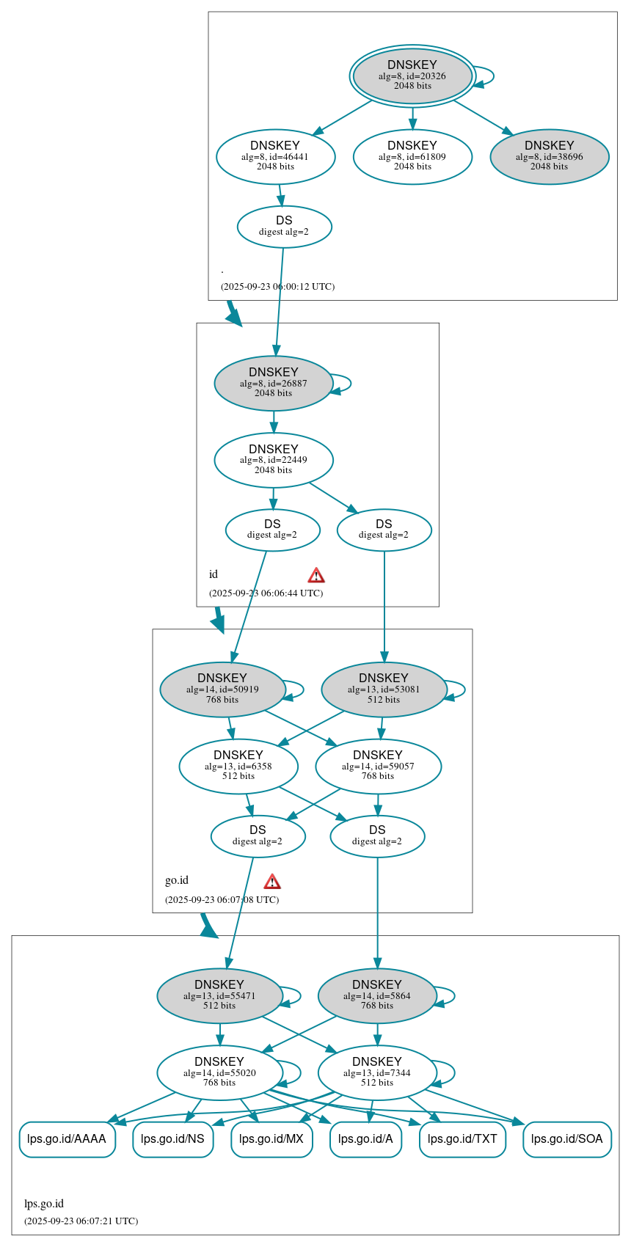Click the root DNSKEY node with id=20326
tap(412, 76)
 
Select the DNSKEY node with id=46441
tap(275, 156)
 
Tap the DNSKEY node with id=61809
tap(412, 156)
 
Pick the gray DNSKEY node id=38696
tap(549, 156)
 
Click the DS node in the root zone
tap(284, 227)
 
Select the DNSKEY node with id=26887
tap(274, 383)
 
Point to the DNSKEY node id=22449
tap(274, 460)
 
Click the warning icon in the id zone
tap(316, 575)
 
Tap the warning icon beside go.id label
tap(272, 882)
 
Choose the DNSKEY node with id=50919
tap(222, 690)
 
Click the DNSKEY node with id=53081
tap(384, 690)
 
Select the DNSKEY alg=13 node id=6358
tap(238, 767)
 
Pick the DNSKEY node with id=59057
tap(378, 767)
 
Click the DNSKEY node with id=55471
tap(219, 996)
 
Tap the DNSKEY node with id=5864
tap(377, 996)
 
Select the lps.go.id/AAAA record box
tap(67, 1139)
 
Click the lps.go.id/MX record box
tap(271, 1139)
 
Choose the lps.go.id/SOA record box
tap(566, 1139)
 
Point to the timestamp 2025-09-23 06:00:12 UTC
tap(277, 287)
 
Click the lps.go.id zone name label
tap(44, 1204)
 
